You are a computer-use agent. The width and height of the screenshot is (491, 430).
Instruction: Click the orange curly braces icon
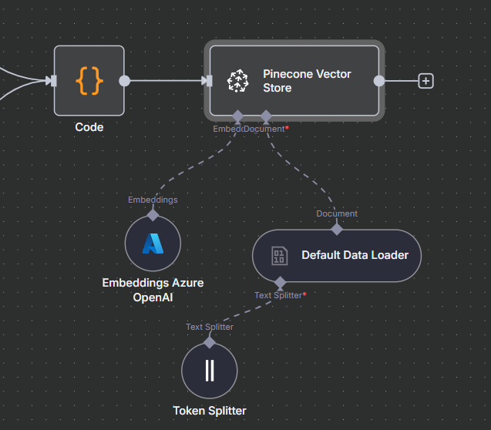(x=89, y=80)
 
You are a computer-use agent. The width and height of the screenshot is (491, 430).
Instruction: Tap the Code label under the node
(x=89, y=127)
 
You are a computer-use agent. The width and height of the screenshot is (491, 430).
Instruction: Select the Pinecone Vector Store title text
(x=307, y=81)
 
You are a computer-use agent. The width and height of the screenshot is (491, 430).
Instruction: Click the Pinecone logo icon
(x=237, y=81)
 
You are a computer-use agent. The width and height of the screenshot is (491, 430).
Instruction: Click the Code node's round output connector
(x=125, y=80)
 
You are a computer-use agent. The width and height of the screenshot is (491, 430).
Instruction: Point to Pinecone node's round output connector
(x=378, y=80)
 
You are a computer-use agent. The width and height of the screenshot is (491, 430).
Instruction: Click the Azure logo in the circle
(x=153, y=244)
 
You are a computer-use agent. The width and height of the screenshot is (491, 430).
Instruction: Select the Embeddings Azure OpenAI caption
(x=153, y=290)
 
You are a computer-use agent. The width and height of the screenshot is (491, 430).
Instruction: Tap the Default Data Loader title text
(x=355, y=255)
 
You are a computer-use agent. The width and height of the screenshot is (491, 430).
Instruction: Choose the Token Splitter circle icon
(x=210, y=371)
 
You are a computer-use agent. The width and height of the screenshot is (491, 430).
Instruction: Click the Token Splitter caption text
(x=210, y=411)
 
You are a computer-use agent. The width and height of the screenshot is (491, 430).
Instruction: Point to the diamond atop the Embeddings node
(x=153, y=215)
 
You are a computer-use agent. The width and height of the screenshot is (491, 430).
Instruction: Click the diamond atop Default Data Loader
(x=336, y=228)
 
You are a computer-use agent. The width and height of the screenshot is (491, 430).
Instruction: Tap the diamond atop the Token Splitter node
(x=210, y=342)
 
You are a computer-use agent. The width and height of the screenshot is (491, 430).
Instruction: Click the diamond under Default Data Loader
(x=280, y=283)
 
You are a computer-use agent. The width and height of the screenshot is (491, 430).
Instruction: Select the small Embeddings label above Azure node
(x=153, y=200)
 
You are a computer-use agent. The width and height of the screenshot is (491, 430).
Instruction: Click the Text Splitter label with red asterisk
(x=280, y=295)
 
